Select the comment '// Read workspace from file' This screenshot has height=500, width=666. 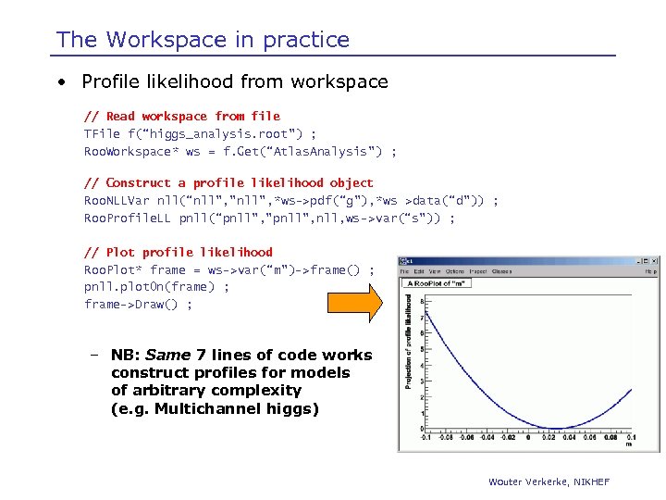click(181, 117)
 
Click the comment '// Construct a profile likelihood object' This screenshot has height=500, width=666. click(228, 183)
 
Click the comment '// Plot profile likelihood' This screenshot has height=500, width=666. click(178, 252)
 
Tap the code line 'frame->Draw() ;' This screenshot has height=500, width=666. click(138, 304)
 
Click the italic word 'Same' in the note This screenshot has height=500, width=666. click(167, 356)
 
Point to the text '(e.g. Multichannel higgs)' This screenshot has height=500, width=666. click(214, 408)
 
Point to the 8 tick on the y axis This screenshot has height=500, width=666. click(421, 302)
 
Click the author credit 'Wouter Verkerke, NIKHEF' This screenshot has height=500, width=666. click(549, 481)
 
